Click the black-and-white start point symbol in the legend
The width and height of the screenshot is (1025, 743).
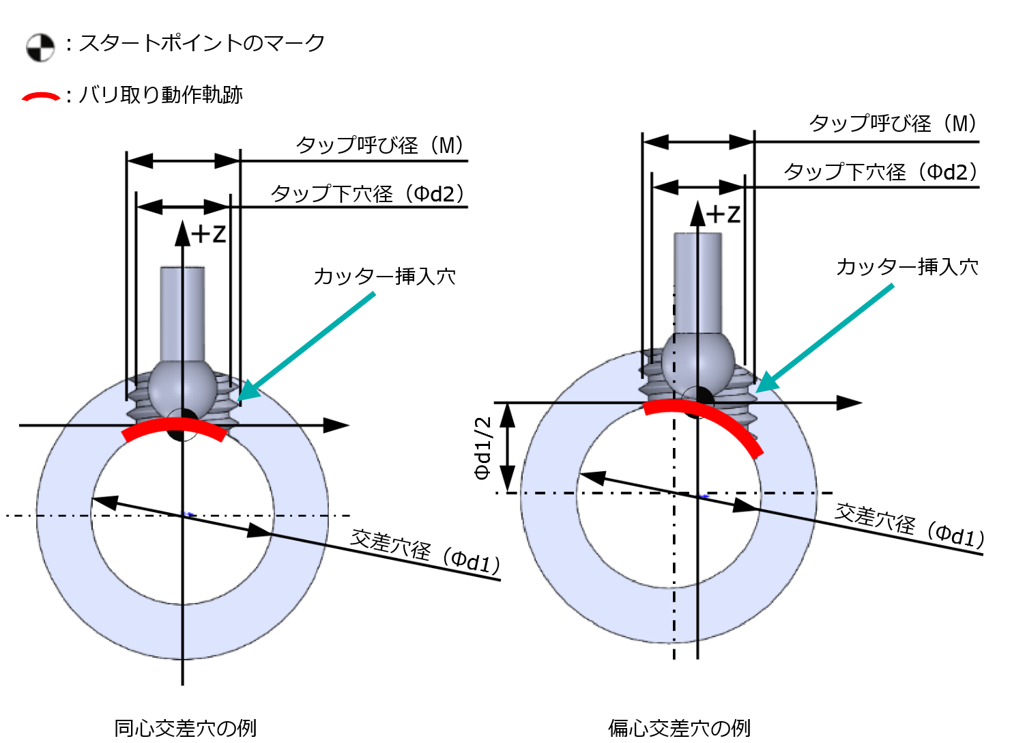[40, 48]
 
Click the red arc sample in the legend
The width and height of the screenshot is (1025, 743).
[41, 96]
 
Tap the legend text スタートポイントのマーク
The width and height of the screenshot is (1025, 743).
[201, 44]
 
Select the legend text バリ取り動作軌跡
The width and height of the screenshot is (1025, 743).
[160, 95]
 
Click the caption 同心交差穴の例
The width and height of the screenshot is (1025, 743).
[185, 728]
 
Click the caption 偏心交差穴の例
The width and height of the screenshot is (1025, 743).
[679, 728]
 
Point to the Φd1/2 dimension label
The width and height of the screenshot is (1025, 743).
[483, 447]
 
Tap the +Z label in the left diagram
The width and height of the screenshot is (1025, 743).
[208, 234]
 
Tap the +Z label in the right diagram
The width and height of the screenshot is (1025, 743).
[723, 214]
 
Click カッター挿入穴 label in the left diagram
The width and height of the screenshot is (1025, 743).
[384, 277]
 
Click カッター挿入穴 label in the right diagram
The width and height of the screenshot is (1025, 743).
[907, 266]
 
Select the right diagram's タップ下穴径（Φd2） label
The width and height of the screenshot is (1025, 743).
[880, 172]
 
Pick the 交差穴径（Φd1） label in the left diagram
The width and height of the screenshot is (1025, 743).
[425, 552]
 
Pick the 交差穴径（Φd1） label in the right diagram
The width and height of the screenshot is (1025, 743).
[910, 526]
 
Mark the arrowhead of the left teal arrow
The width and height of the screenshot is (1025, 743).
[244, 393]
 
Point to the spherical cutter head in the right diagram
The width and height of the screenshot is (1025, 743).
[698, 362]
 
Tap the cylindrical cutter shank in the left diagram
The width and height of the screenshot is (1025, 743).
[182, 311]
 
